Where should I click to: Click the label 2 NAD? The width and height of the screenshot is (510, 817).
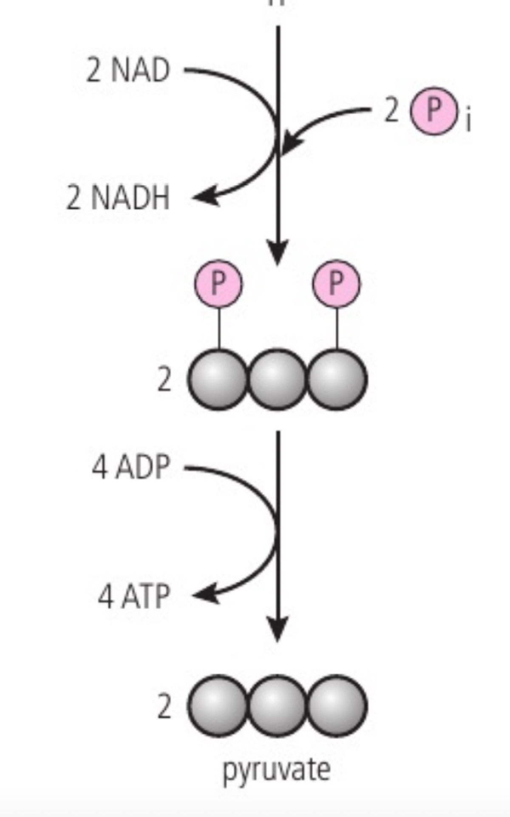(x=128, y=70)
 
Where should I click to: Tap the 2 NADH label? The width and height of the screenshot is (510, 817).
(x=118, y=198)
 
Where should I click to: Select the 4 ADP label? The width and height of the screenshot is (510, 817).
(x=131, y=468)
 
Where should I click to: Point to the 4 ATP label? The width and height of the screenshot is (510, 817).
(x=133, y=596)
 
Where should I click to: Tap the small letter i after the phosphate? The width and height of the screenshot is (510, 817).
(x=468, y=123)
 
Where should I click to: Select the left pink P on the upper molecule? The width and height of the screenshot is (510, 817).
(x=218, y=284)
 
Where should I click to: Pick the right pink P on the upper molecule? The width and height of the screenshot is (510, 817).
(x=336, y=284)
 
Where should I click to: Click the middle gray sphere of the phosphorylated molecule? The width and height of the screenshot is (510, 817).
(x=278, y=379)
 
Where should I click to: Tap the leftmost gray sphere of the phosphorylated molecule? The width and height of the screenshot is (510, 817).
(x=218, y=379)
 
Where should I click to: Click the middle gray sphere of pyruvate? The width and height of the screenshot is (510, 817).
(x=278, y=706)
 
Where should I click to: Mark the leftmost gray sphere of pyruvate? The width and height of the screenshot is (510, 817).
(x=218, y=706)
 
